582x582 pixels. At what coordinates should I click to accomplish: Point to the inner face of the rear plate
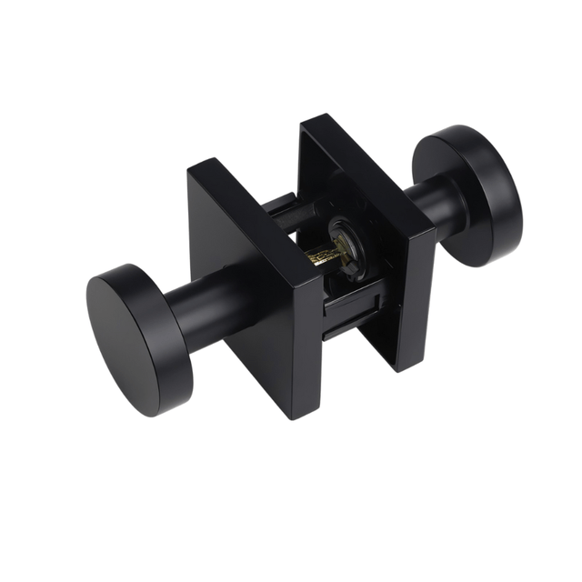click(x=364, y=209)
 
